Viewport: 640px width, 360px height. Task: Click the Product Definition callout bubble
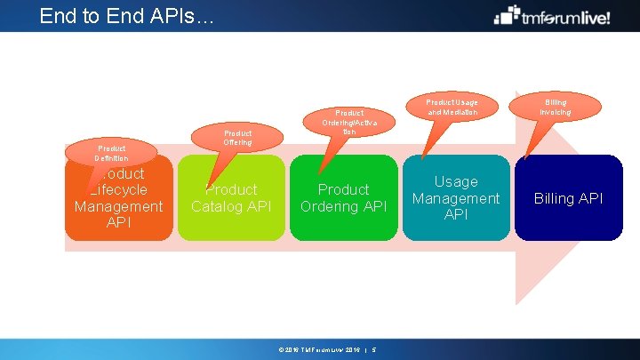click(x=112, y=153)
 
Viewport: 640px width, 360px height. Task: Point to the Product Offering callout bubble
click(x=237, y=137)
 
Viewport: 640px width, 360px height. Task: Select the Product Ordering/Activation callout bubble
click(x=349, y=123)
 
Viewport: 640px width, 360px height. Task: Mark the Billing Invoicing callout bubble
click(x=555, y=107)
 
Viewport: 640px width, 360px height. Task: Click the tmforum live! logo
click(x=552, y=16)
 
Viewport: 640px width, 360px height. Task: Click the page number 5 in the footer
click(x=374, y=349)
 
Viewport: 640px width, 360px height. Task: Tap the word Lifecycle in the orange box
click(x=118, y=189)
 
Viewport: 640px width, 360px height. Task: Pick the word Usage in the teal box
click(x=456, y=181)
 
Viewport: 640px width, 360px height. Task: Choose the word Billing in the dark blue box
click(x=555, y=198)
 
